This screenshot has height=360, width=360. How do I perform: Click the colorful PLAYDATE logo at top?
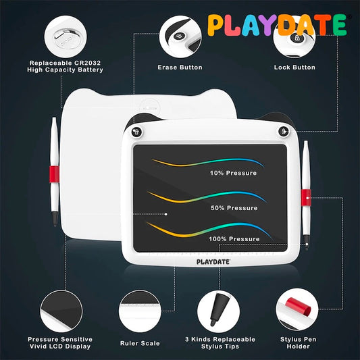[277, 25]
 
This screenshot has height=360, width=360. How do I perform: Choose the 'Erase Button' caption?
[180, 68]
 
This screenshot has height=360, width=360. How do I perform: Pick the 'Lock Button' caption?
[294, 68]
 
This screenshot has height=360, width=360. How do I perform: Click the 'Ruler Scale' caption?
[140, 343]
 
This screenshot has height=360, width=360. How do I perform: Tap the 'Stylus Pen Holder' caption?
[295, 343]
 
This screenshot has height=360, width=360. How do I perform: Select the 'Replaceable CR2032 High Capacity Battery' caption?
[65, 66]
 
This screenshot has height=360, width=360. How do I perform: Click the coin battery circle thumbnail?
[65, 34]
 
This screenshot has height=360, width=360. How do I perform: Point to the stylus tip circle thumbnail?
[219, 311]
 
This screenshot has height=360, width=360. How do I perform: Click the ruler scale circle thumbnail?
[140, 311]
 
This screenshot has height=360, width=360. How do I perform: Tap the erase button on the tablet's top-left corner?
[137, 131]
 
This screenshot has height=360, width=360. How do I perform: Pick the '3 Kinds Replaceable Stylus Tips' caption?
[220, 343]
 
